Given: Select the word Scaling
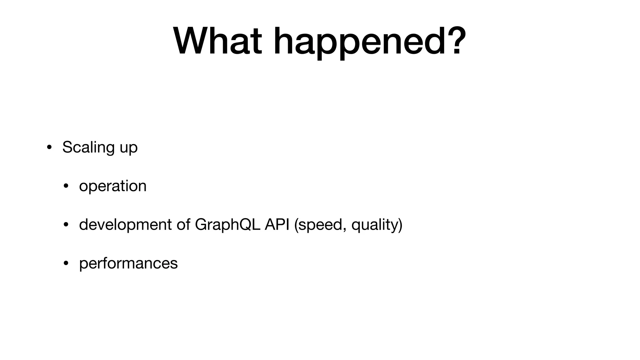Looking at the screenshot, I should (x=88, y=147).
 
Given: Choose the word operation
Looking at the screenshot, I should (x=112, y=186).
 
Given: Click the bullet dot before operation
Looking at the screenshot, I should (x=66, y=186).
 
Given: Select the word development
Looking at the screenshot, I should (x=125, y=225).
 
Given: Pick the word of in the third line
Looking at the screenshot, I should (x=183, y=224).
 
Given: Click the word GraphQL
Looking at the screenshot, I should (x=227, y=225).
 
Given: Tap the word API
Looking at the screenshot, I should (x=277, y=224).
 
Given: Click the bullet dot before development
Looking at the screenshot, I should (x=66, y=225).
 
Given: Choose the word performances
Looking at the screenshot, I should (x=128, y=263).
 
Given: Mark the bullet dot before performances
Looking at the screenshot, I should (x=66, y=263).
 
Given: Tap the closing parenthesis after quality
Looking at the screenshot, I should (x=400, y=225).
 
